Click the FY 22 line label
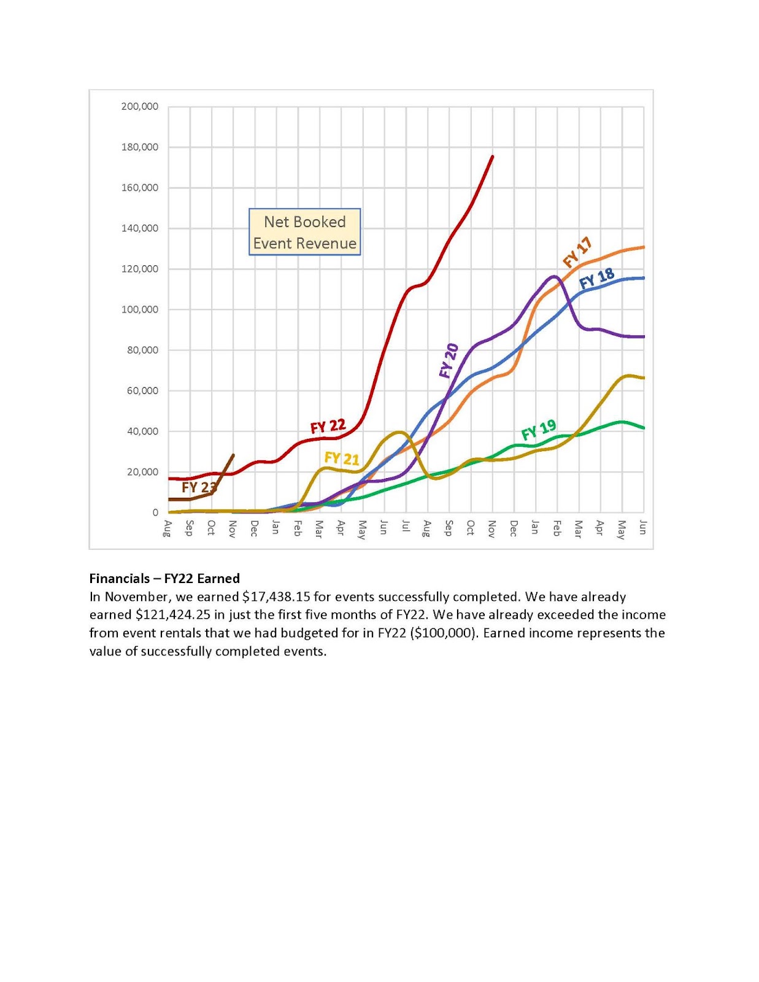point(328,426)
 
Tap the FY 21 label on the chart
point(341,458)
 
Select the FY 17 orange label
point(577,252)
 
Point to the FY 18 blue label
point(596,279)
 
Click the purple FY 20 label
point(449,361)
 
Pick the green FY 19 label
point(538,430)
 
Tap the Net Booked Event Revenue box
point(304,232)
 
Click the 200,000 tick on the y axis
point(139,106)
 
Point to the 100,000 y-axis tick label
point(139,309)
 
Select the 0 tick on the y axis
point(155,512)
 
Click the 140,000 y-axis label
point(139,228)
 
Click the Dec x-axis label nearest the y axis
point(254,528)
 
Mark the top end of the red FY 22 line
point(493,157)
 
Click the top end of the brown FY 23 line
point(233,455)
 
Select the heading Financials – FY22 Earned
point(164,578)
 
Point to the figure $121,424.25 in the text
point(172,614)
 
